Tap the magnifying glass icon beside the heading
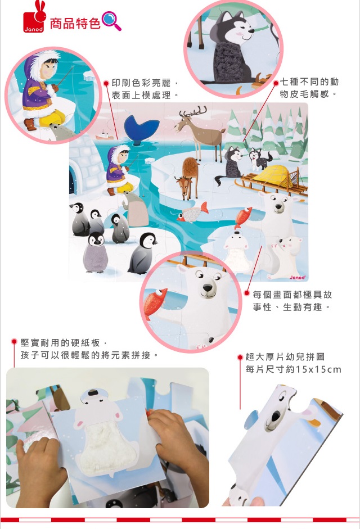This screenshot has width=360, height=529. tap(112, 21)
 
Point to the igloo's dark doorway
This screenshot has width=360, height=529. tap(71, 182)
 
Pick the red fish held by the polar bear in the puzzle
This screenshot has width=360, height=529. tap(243, 217)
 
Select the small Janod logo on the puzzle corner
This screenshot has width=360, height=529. tap(297, 277)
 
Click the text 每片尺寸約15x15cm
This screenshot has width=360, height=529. tap(293, 369)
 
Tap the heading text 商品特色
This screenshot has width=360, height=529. tap(75, 23)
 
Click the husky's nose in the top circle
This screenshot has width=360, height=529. tap(251, 31)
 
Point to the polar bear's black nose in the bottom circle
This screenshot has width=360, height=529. tap(208, 288)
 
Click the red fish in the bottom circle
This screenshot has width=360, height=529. tap(155, 302)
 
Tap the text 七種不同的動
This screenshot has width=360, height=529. tap(309, 82)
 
